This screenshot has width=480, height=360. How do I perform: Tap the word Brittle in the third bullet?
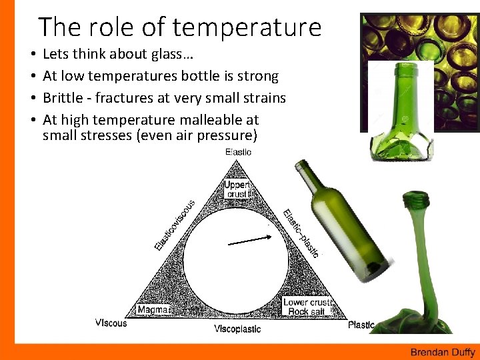(65, 98)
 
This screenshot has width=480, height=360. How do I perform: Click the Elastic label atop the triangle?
(238, 152)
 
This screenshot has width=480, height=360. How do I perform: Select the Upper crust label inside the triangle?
(237, 189)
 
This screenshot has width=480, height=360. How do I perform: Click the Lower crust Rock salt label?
(307, 307)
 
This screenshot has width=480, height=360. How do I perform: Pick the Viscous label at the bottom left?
(112, 323)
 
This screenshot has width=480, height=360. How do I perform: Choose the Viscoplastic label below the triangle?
(237, 329)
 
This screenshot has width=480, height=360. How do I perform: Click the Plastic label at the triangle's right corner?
(361, 325)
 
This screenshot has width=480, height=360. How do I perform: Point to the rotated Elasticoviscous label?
(175, 225)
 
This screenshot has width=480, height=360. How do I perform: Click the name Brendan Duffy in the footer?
(442, 353)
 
